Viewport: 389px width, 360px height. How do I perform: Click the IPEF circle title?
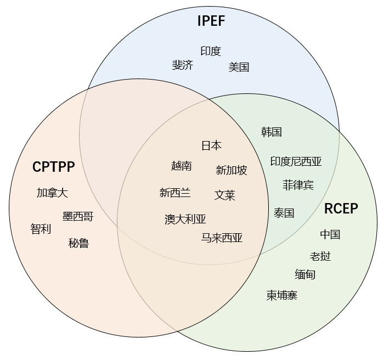pos(211,21)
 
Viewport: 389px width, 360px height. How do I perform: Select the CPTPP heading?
pos(53,167)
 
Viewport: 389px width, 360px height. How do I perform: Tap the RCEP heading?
pos(341,209)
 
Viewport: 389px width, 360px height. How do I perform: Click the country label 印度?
pos(211,51)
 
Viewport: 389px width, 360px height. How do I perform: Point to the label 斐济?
pos(183,65)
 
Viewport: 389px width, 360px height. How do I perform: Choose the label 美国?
pos(239,67)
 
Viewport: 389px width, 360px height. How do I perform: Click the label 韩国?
pos(272,132)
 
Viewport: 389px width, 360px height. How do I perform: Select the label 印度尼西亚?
pos(296,161)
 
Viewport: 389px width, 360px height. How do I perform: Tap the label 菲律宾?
pos(298,185)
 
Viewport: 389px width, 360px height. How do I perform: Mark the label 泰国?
pos(284,213)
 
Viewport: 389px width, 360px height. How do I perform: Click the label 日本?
pos(211,145)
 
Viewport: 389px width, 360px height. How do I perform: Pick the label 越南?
pos(182,166)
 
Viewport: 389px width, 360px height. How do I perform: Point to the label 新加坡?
pos(232,170)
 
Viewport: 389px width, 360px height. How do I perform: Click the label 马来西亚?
pos(222,238)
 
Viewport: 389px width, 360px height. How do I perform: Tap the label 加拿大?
pos(52,193)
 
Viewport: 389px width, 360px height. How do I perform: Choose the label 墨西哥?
pos(78,217)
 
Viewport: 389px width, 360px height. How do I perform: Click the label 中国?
pos(330,234)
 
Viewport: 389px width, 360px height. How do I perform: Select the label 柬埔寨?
pos(282,295)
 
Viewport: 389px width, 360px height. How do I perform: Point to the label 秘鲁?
pos(79,243)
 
